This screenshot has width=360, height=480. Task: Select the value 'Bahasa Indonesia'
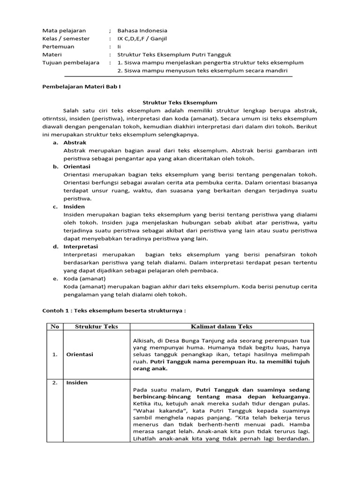(x=142, y=30)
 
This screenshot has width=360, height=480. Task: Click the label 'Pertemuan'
(x=58, y=46)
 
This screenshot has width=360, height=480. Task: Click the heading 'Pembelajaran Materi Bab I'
(x=78, y=87)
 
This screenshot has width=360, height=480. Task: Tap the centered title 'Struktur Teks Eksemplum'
(x=180, y=102)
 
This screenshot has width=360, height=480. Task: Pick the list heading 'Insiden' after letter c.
(x=74, y=206)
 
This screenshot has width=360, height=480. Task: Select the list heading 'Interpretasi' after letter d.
(x=81, y=246)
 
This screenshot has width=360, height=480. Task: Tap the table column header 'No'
(x=55, y=326)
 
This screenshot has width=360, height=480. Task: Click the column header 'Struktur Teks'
(x=97, y=326)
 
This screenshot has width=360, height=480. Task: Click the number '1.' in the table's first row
(x=55, y=354)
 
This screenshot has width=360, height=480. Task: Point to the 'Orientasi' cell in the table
(x=79, y=354)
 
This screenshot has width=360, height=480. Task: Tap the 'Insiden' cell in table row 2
(x=76, y=382)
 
